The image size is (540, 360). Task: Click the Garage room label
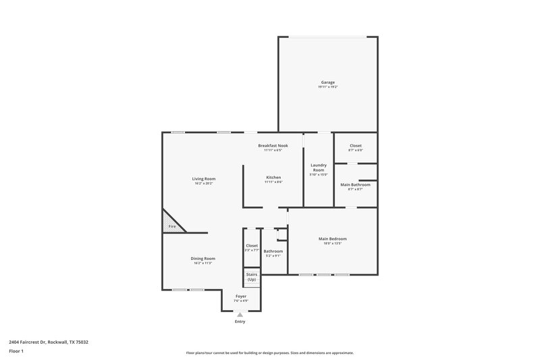(327, 82)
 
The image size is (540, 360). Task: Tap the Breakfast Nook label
(273, 145)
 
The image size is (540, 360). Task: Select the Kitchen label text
(273, 177)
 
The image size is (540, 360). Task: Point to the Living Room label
(204, 178)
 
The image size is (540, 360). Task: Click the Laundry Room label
(319, 167)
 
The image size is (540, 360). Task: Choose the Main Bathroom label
(355, 184)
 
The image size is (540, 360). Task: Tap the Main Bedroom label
(333, 238)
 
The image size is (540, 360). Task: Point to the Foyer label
(240, 296)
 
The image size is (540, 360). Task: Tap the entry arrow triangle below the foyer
(240, 314)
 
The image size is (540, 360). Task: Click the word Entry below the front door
(240, 322)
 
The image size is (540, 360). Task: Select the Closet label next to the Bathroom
(251, 245)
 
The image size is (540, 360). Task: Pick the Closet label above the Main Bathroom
(355, 145)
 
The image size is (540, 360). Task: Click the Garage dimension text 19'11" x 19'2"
(327, 87)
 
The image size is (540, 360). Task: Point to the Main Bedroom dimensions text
(333, 243)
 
